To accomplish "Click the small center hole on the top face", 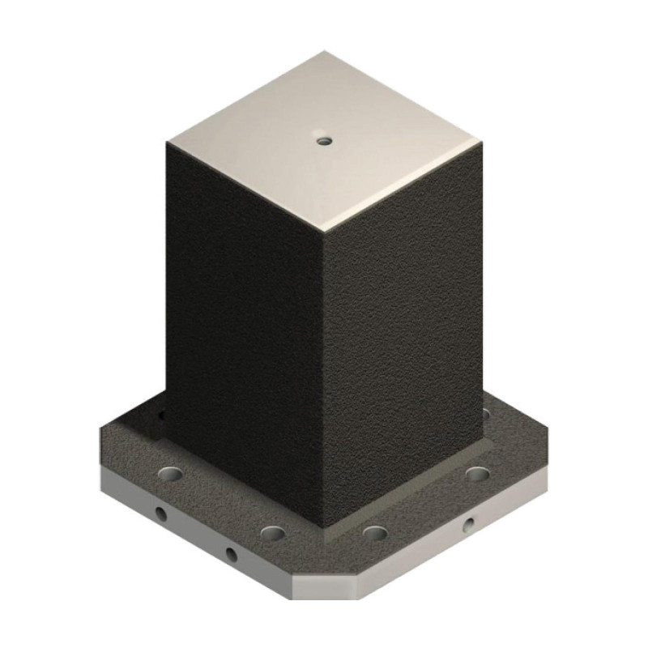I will (x=325, y=141).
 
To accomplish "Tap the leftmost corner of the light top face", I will (x=168, y=143).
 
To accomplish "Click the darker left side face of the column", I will (x=243, y=324).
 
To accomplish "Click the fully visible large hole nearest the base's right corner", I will (x=475, y=472).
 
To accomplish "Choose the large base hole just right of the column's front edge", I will (x=374, y=532).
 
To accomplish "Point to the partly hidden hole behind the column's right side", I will (x=486, y=414).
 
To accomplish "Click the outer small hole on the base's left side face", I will (x=160, y=514).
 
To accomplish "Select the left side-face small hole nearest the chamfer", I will (x=231, y=555).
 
